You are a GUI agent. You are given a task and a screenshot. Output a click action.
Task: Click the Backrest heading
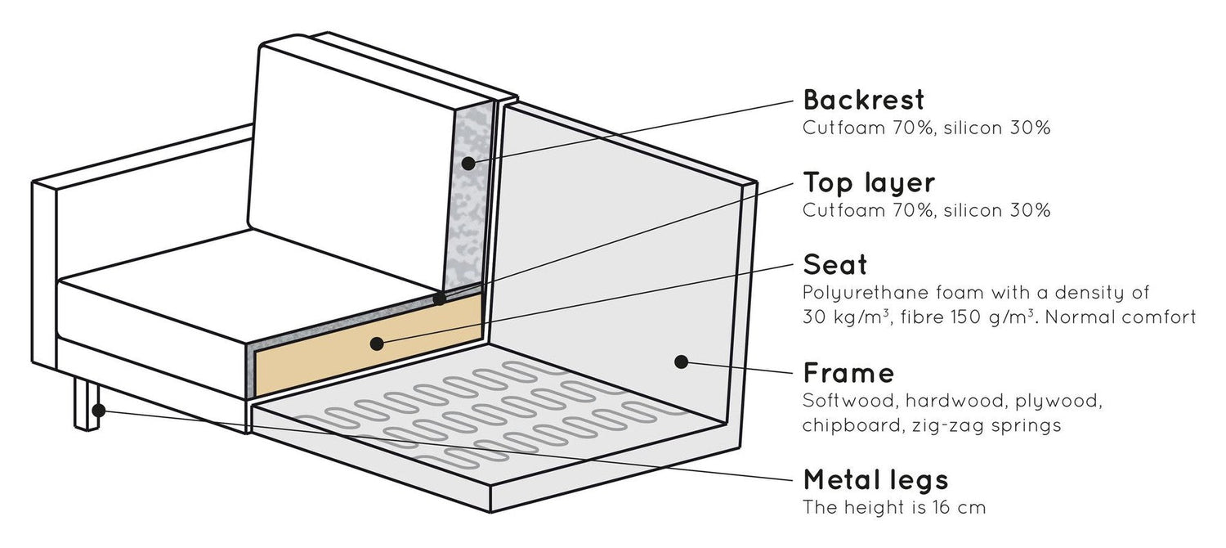pyautogui.click(x=864, y=101)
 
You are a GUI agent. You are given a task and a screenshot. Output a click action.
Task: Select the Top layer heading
pyautogui.click(x=869, y=182)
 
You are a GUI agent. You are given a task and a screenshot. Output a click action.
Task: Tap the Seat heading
pyautogui.click(x=834, y=265)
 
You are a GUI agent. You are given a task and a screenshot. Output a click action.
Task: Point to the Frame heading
pyautogui.click(x=848, y=374)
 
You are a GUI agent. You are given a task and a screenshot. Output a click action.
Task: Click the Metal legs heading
pyautogui.click(x=875, y=478)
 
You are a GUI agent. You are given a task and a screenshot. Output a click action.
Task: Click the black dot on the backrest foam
pyautogui.click(x=468, y=164)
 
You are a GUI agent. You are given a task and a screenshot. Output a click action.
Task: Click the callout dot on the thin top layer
pyautogui.click(x=441, y=299)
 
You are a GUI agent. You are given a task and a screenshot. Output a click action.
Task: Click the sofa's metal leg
pyautogui.click(x=85, y=405)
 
